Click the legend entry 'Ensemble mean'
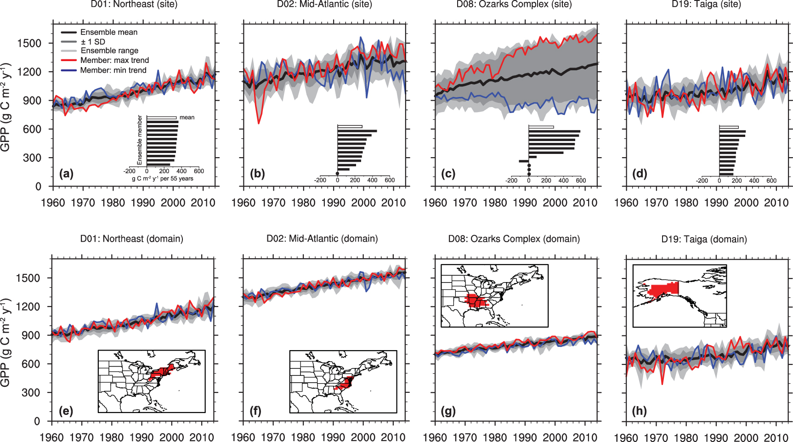(x=108, y=32)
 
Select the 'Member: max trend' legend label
(x=114, y=60)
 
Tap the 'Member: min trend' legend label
(x=113, y=70)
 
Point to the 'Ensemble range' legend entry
(x=109, y=51)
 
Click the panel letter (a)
(x=66, y=174)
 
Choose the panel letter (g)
(x=448, y=411)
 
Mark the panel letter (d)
(x=640, y=174)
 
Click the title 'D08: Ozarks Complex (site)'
(x=514, y=5)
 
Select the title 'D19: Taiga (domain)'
(x=704, y=239)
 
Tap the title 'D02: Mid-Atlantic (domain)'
(x=322, y=239)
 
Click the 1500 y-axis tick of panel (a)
(x=29, y=43)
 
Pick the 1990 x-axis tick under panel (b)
(x=333, y=203)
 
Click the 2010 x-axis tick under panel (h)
(x=776, y=437)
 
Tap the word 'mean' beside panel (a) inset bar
(x=187, y=118)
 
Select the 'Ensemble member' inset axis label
(x=140, y=140)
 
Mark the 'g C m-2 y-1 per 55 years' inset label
(x=163, y=179)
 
